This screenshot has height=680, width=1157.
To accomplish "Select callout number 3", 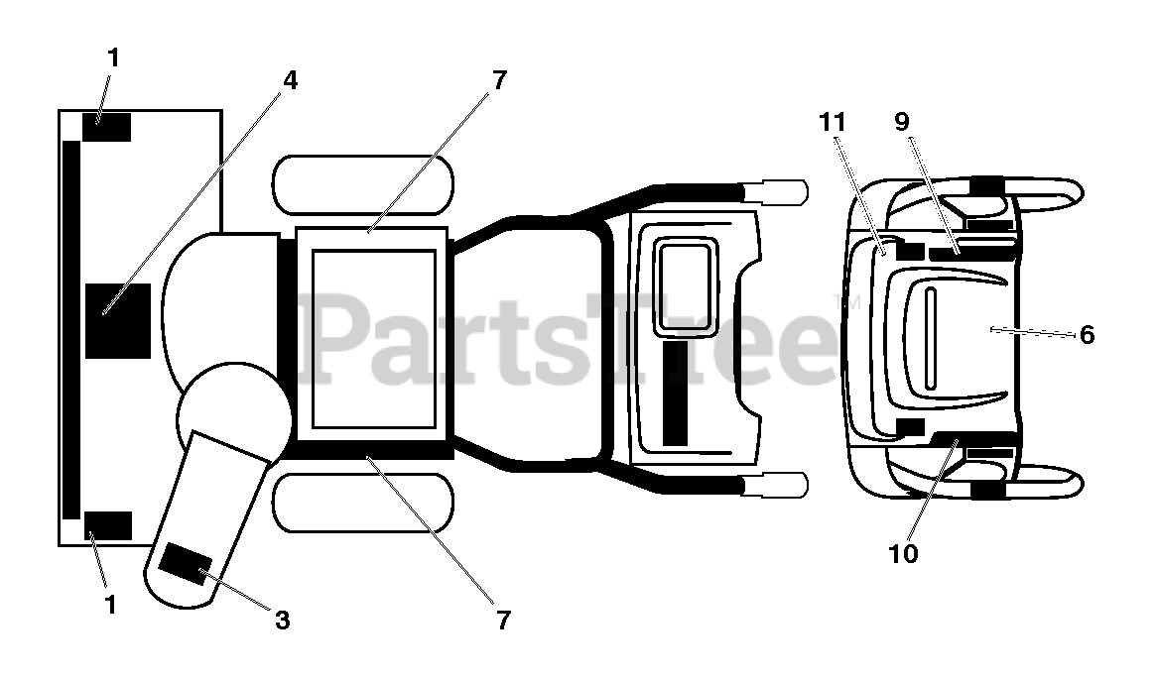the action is pos(282,621).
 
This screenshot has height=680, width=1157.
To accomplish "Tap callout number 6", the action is pos(1088,335).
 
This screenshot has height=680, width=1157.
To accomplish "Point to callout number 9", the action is pos(901,122).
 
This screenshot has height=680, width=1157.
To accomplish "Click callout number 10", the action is pos(904,553).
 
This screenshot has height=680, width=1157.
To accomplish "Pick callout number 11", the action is pos(833,122).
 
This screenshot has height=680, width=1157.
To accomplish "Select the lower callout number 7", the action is pos(503,621).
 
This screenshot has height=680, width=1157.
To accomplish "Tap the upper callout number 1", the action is pos(112,58).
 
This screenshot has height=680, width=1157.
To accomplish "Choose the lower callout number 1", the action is pos(110,603).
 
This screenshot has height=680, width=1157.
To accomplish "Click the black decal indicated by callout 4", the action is pos(117,320).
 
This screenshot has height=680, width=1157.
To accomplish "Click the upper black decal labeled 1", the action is pos(106,128).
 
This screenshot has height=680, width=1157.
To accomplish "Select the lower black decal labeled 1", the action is pos(107,525).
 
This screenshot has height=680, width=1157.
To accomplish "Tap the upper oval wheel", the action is pos(362,184).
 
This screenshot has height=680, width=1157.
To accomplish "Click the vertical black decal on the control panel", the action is pos(675,393).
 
